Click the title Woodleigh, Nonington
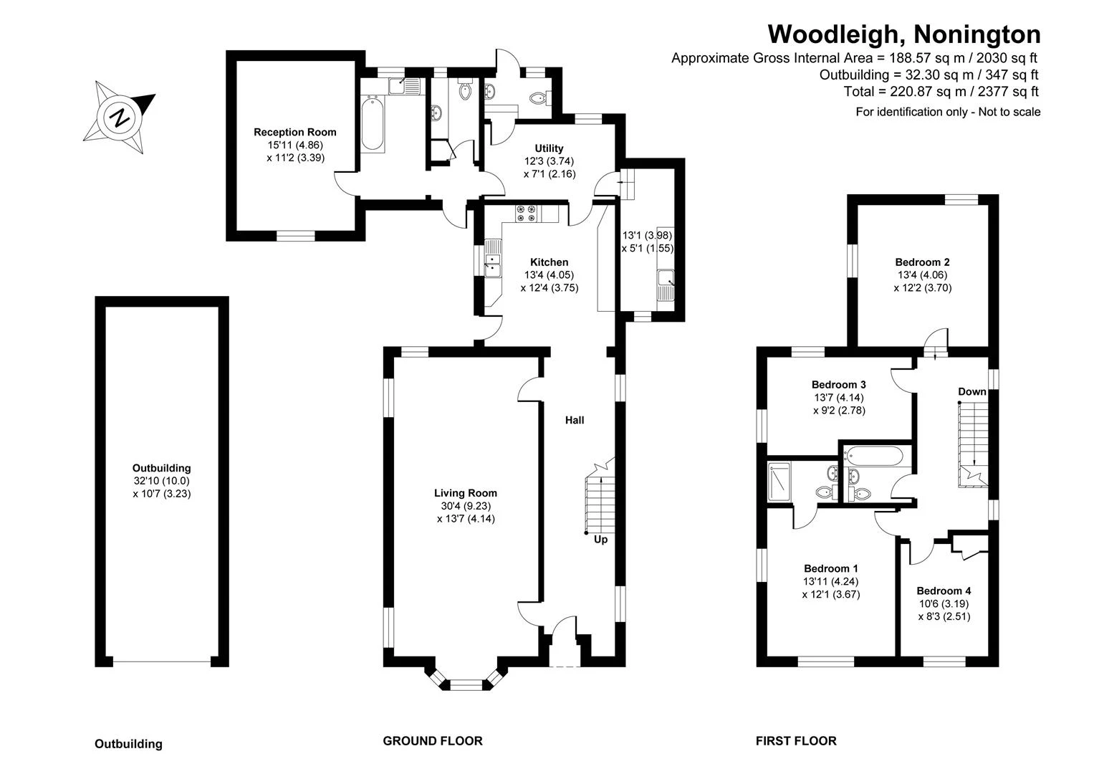click(904, 34)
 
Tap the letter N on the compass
click(120, 118)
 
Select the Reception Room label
click(295, 132)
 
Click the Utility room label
click(549, 148)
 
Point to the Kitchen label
click(550, 262)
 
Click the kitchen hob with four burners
click(526, 214)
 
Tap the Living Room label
click(466, 493)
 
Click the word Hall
click(575, 420)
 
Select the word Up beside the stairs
click(600, 540)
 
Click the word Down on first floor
click(972, 391)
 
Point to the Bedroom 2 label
click(922, 262)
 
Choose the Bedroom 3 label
click(838, 385)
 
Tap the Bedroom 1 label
click(831, 568)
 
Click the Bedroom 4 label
click(944, 591)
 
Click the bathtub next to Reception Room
click(373, 123)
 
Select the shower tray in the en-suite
click(779, 482)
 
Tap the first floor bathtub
click(873, 456)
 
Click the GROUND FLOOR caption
click(432, 741)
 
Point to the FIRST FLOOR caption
click(796, 741)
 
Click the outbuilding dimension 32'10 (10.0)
click(162, 481)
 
